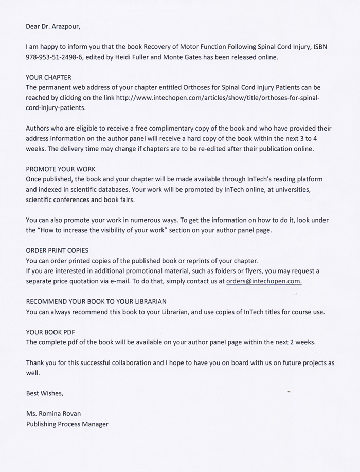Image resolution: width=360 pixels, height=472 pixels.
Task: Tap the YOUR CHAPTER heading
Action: pyautogui.click(x=48, y=78)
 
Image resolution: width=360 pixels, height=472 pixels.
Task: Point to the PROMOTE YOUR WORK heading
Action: pyautogui.click(x=61, y=169)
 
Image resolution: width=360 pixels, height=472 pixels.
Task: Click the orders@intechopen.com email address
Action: pyautogui.click(x=264, y=281)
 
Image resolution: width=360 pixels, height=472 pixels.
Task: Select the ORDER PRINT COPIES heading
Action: pyautogui.click(x=57, y=251)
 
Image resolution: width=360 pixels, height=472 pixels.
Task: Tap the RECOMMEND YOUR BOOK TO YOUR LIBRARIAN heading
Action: pyautogui.click(x=96, y=301)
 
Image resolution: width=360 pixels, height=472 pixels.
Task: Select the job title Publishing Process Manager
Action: pyautogui.click(x=67, y=424)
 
